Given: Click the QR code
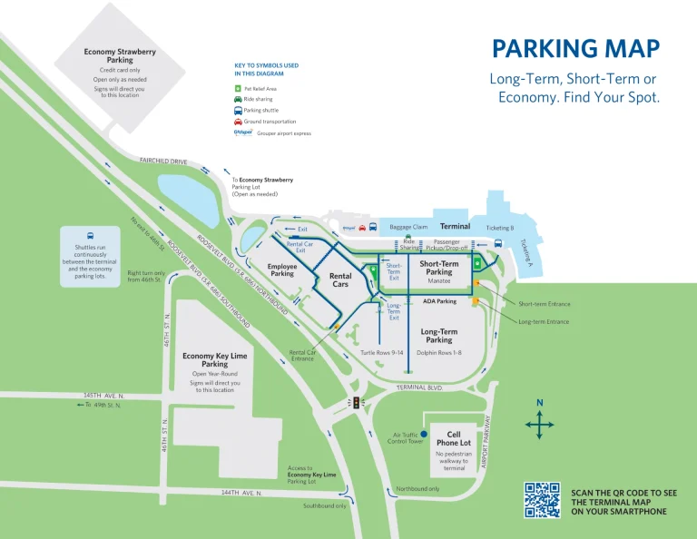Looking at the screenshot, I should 542,500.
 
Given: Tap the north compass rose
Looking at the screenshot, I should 539,423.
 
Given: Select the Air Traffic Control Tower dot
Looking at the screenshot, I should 423,436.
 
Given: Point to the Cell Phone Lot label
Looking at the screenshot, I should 454,439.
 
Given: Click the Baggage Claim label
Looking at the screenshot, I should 408,227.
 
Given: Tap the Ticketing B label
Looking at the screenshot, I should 500,227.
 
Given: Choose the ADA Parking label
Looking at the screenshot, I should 439,300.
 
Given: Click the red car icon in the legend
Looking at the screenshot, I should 238,121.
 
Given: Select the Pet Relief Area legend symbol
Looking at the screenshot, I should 238,89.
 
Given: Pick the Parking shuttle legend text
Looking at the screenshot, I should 263,111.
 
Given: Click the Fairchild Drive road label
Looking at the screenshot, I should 163,162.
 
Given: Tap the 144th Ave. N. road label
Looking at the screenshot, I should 241,493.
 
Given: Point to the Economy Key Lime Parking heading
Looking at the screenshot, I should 214,360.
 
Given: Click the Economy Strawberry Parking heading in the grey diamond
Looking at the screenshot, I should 120,56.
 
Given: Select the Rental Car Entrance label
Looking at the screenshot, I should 302,356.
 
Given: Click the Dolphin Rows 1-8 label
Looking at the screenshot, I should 439,352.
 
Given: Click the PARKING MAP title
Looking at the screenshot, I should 575,49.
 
